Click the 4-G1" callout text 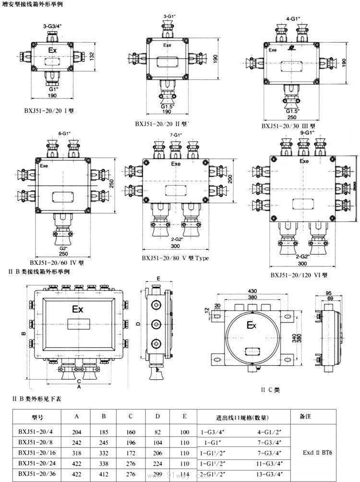293,19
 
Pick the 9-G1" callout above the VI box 307,132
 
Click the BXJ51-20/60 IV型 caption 57,263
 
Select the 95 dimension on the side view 329,293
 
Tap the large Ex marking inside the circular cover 251,326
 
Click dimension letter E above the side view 158,278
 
